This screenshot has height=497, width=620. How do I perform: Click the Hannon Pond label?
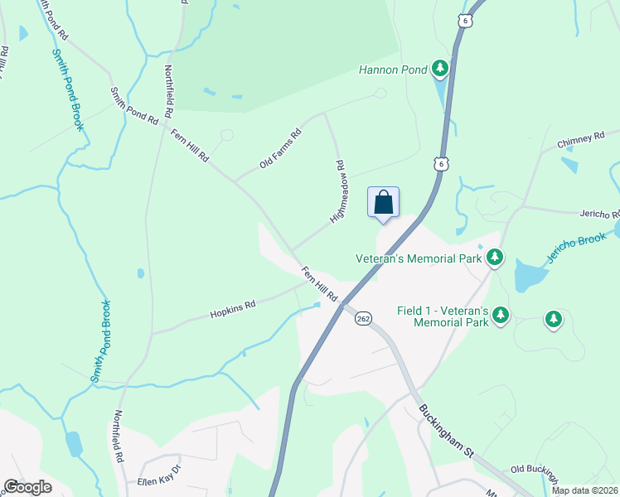pos(392,70)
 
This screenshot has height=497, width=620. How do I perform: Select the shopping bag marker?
pos(383,202)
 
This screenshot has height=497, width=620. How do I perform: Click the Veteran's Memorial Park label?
pos(419,258)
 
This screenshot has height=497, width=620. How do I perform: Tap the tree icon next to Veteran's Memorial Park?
pos(495,258)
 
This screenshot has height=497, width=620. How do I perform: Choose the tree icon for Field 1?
pos(501,315)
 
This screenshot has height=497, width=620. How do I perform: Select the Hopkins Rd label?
pos(232,309)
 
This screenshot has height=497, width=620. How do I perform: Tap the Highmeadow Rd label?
pos(338,192)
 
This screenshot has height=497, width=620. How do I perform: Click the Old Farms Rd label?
pos(279,148)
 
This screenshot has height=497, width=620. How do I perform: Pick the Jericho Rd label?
pos(596,212)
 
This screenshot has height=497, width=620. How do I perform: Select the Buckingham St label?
pos(445,431)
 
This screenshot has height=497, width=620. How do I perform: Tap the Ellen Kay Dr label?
pos(148,481)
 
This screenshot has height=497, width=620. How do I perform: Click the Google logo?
pos(27,487)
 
